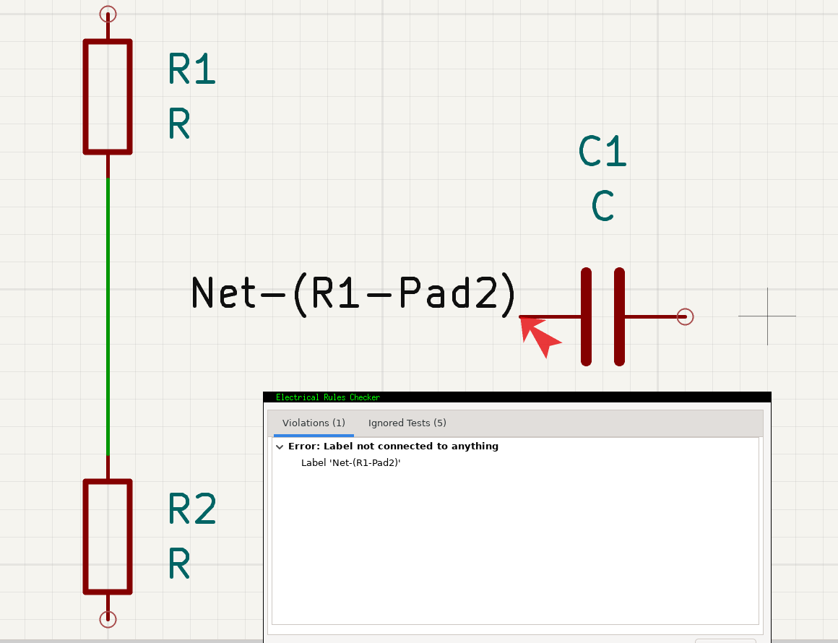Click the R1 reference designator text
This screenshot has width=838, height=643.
coord(192,69)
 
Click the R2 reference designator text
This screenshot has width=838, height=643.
coord(192,509)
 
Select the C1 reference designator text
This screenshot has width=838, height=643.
coord(602,151)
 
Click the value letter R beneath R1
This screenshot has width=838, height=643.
coord(179,124)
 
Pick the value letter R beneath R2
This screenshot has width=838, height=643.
coord(179,564)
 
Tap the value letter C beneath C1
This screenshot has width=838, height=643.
coord(602,205)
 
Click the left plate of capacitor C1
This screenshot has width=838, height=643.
coord(587,317)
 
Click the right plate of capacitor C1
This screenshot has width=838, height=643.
coord(619,317)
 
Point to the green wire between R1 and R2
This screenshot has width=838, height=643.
coord(108,316)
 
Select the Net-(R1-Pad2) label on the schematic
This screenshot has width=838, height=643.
coord(353,293)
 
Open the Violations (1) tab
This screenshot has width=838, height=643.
coord(314,423)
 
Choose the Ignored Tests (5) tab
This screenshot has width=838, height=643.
coord(407,423)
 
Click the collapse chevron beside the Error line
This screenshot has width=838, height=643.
coord(280,446)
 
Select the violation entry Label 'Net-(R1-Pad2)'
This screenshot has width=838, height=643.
coord(350,463)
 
